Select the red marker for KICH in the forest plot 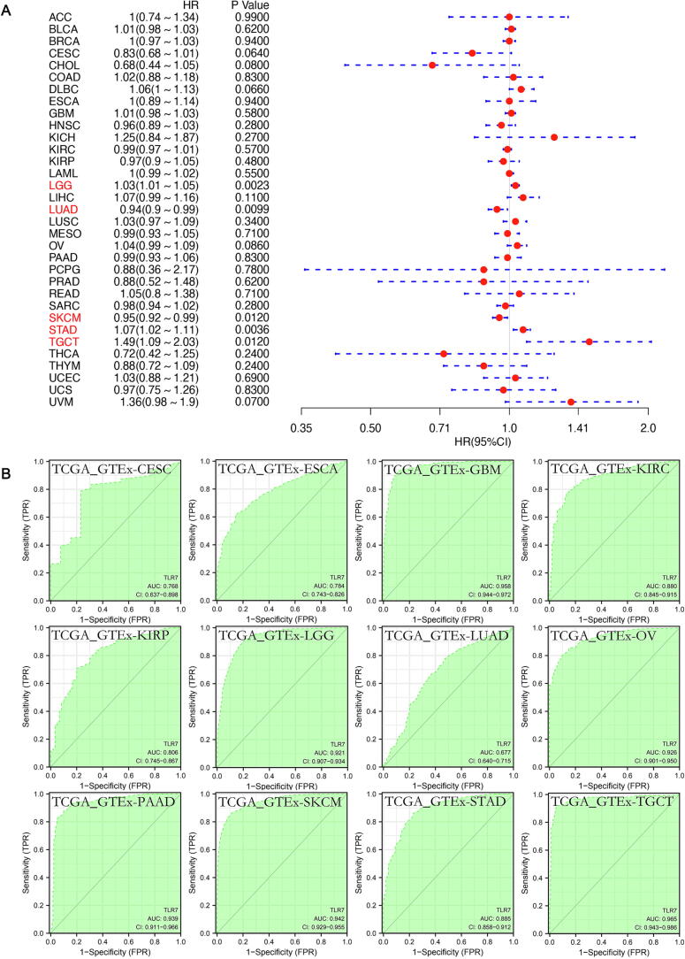554,137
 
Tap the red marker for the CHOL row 432,65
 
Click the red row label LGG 61,187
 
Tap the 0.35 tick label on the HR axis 302,428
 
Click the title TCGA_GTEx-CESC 113,469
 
